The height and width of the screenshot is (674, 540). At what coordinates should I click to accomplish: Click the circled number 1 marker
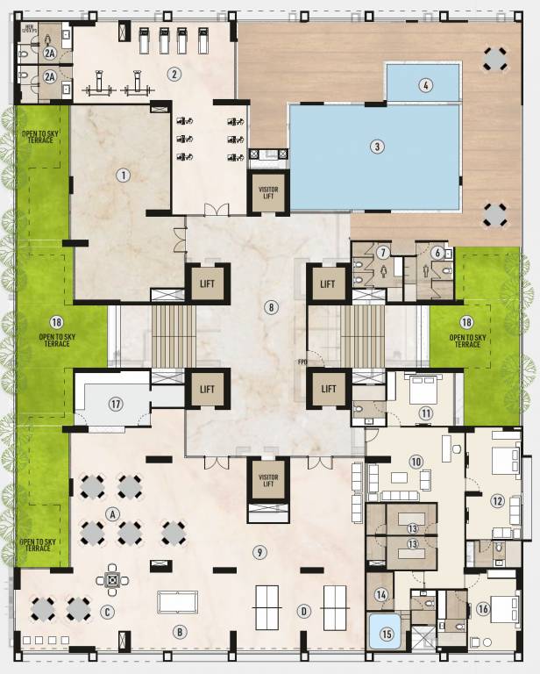124,175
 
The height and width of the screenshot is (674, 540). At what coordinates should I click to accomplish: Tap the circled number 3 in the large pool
376,147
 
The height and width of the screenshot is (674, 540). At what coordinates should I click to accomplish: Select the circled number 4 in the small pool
425,86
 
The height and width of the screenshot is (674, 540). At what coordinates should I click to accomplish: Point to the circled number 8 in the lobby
272,307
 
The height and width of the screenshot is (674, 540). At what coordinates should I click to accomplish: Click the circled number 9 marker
259,552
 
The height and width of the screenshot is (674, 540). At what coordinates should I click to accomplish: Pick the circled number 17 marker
115,404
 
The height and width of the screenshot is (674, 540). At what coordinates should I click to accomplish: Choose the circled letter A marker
112,513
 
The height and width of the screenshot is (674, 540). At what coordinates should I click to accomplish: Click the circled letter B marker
180,631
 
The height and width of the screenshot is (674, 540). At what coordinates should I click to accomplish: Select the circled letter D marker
304,611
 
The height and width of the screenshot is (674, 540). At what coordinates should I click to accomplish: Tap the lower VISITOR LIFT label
267,479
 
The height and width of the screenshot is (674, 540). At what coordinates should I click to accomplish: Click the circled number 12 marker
497,501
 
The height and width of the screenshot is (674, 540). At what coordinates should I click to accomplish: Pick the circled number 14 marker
380,595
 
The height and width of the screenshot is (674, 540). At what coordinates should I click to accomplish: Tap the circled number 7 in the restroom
382,253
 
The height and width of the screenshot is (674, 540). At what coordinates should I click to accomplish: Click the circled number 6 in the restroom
437,253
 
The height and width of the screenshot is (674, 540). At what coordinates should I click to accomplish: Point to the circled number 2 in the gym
174,75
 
